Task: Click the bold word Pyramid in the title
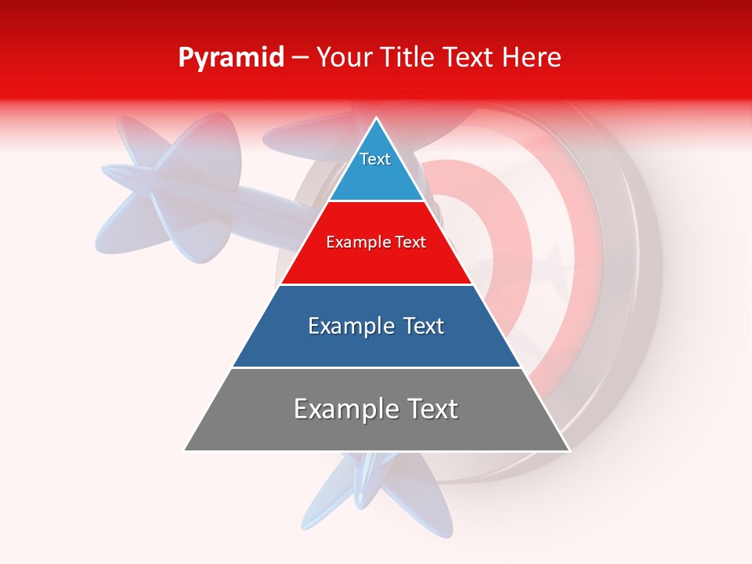[x=230, y=58]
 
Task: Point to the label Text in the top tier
[x=375, y=159]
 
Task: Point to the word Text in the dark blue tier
[x=424, y=326]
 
